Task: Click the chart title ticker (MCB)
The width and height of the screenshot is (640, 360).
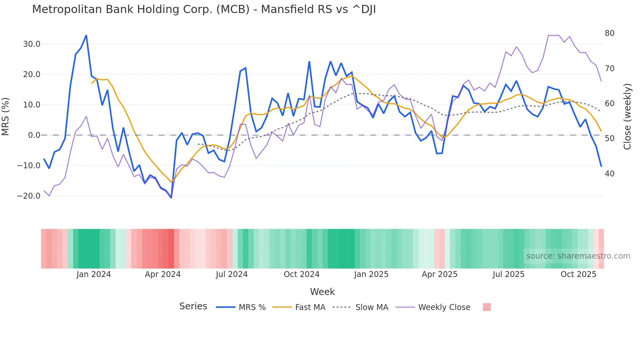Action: tap(233, 9)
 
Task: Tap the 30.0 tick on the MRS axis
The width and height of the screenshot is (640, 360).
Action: tap(32, 44)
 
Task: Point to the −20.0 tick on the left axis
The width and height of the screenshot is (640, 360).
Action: tap(29, 196)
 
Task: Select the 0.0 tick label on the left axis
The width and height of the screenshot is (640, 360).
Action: tap(34, 135)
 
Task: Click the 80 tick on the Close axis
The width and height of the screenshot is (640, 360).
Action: tap(609, 33)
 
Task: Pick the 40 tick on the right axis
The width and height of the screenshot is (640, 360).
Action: tap(609, 174)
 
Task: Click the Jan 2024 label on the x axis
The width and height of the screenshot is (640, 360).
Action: tap(94, 274)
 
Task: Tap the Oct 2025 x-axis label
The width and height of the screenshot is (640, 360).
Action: tap(578, 274)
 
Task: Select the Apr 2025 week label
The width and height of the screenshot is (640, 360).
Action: tap(440, 274)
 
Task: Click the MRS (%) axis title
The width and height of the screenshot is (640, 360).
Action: tap(6, 116)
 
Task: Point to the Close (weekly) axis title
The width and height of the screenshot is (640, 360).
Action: tap(627, 116)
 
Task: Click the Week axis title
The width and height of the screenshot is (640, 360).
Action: tap(322, 292)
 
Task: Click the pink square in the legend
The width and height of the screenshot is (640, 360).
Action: tap(487, 307)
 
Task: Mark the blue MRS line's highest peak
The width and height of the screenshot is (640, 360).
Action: tap(86, 35)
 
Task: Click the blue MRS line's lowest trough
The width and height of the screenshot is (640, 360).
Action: tap(171, 198)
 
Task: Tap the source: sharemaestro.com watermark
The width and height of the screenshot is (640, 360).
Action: tap(578, 256)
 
